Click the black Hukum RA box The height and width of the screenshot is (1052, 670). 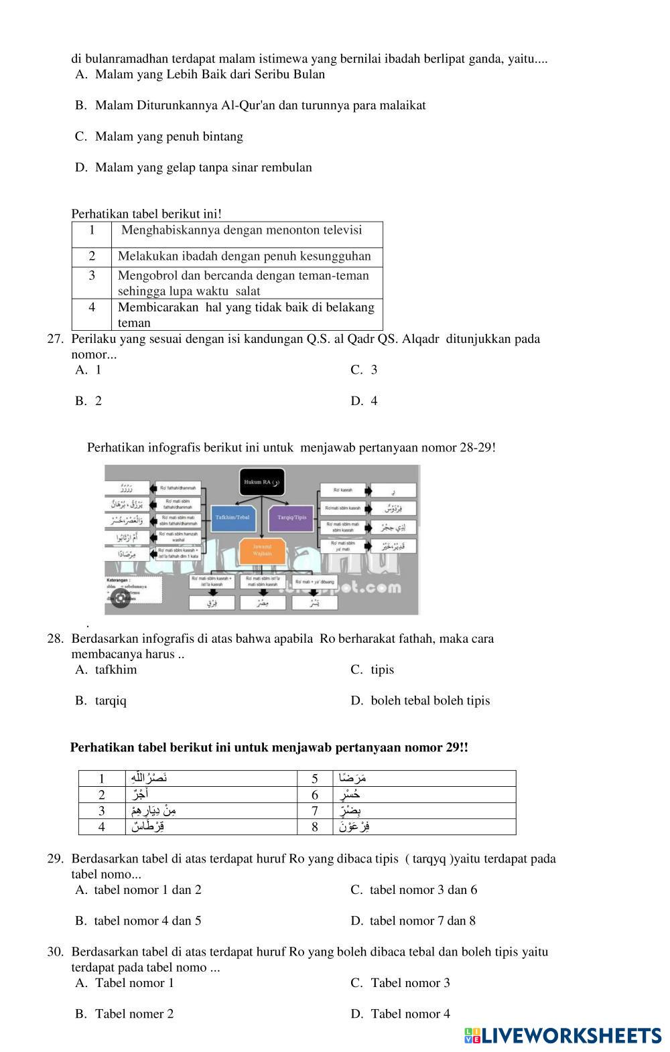(261, 482)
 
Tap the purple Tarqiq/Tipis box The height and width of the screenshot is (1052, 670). (291, 518)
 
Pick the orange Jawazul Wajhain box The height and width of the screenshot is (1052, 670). (262, 550)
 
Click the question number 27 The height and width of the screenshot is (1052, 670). (55, 339)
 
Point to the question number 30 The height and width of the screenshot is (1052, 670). (55, 952)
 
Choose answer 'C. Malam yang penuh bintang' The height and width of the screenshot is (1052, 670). (159, 137)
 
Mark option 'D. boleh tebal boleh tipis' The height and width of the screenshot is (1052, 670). (420, 700)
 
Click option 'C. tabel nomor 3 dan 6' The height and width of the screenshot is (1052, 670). (413, 890)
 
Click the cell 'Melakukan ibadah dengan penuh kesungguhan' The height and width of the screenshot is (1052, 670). (244, 256)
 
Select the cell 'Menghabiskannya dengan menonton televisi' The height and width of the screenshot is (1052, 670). (241, 230)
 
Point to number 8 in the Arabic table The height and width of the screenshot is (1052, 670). (315, 827)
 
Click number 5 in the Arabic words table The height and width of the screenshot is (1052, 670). (315, 779)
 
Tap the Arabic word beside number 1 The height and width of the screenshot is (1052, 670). (149, 778)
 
